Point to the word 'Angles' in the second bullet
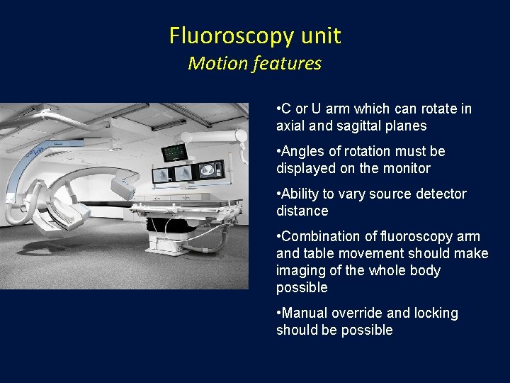(302, 151)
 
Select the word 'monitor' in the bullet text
(407, 168)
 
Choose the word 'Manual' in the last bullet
(305, 313)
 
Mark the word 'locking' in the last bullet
(435, 313)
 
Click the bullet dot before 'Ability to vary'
(278, 194)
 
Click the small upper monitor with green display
(174, 152)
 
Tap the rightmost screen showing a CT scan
(210, 170)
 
